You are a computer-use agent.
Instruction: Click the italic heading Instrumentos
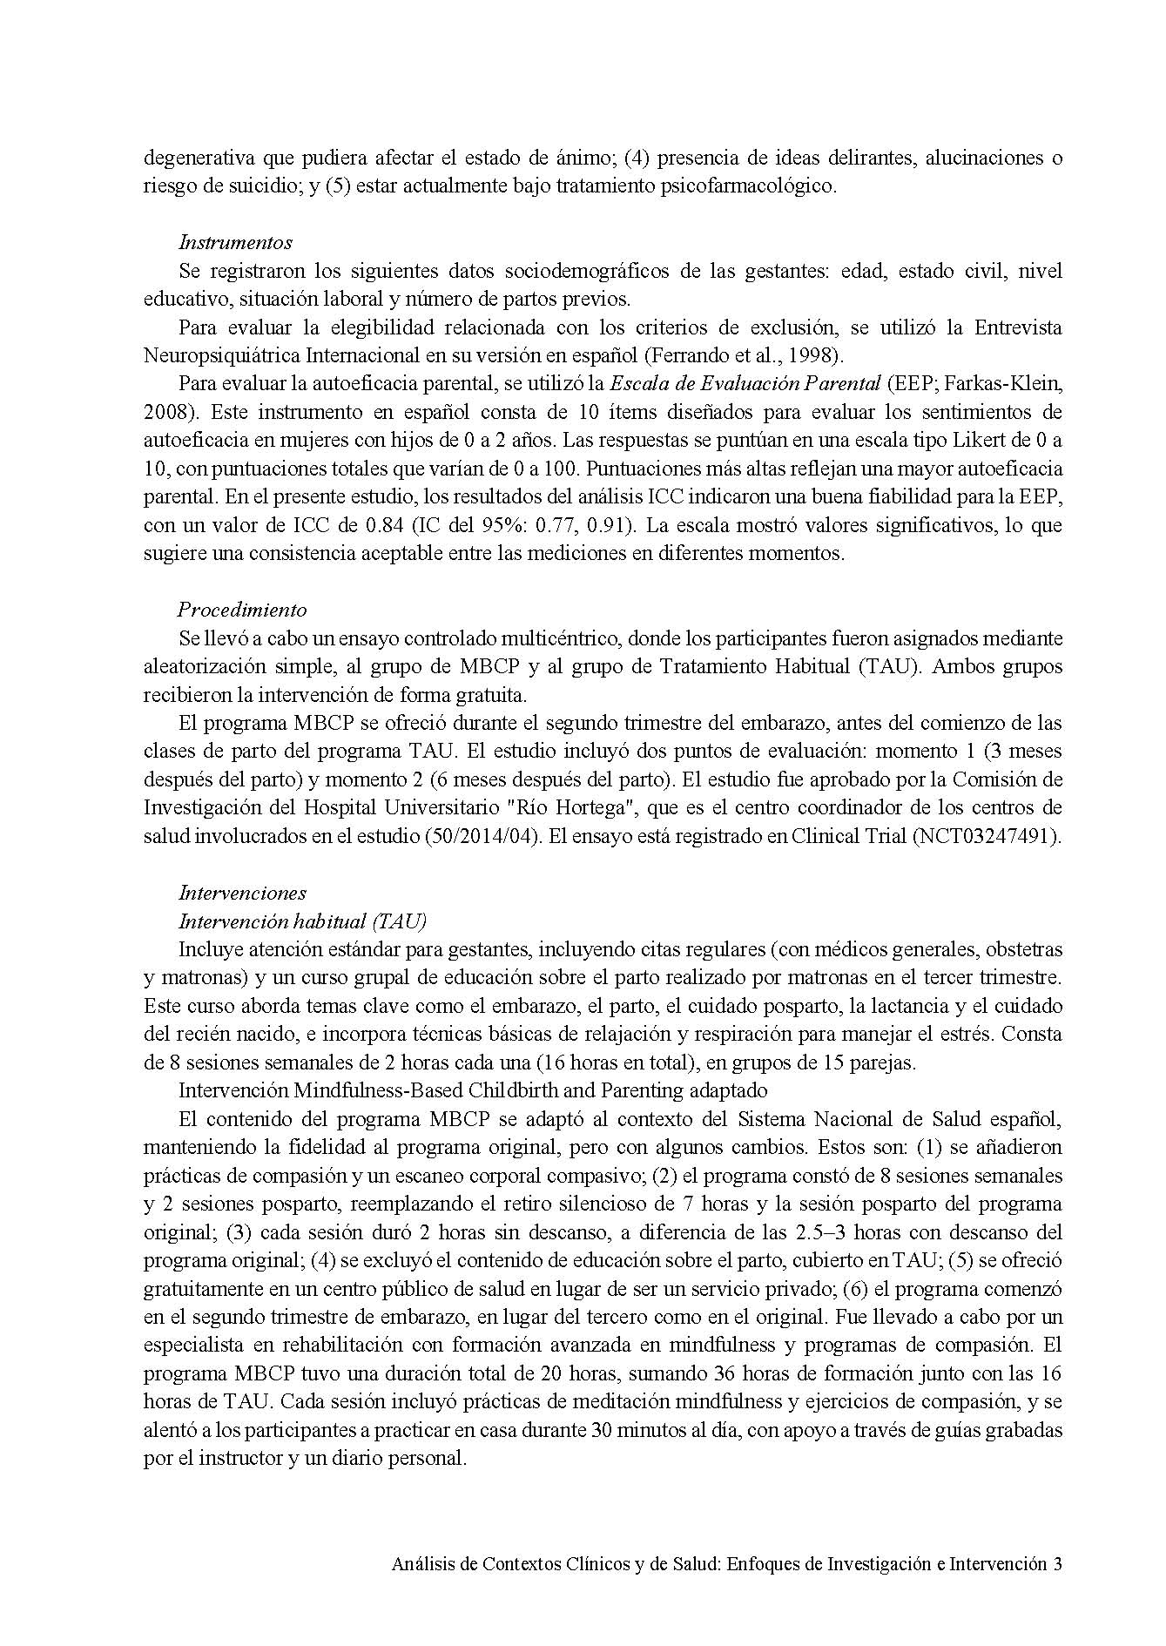point(235,242)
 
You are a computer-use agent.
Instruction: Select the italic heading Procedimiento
point(242,610)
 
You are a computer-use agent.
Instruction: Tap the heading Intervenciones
point(242,893)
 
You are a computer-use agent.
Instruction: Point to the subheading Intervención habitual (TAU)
point(302,921)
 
